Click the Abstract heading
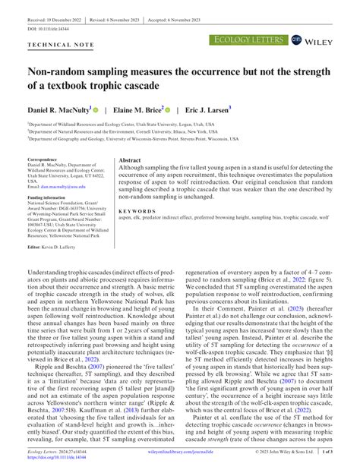130,161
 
